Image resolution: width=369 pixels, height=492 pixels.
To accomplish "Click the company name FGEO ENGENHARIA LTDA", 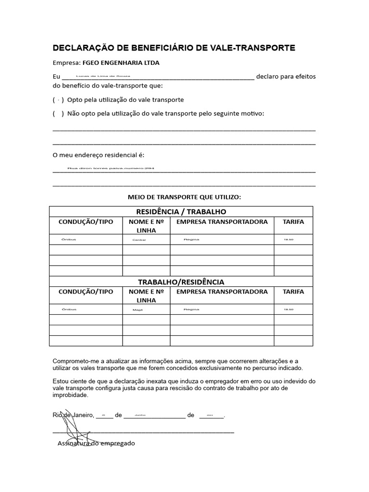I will pyautogui.click(x=121, y=62).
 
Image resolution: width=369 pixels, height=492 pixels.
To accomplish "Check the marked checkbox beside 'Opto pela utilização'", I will pyautogui.click(x=58, y=100).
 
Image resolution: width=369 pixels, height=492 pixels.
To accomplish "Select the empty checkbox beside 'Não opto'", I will pyautogui.click(x=58, y=113).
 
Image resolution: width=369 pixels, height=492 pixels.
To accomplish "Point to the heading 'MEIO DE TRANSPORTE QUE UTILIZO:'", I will pyautogui.click(x=184, y=197).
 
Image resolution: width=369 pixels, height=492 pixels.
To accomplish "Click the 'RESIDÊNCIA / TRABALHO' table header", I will pyautogui.click(x=181, y=211).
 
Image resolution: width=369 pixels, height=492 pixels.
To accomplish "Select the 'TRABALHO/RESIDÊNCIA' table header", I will pyautogui.click(x=181, y=282).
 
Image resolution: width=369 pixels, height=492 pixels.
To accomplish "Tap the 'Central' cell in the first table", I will pyautogui.click(x=139, y=239).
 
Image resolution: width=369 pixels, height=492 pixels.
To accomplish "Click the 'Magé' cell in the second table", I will pyautogui.click(x=138, y=310).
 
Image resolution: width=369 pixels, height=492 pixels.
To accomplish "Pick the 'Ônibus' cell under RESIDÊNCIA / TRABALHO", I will pyautogui.click(x=69, y=239).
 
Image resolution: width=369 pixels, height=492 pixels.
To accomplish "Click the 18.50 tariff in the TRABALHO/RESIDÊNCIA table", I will pyautogui.click(x=288, y=309).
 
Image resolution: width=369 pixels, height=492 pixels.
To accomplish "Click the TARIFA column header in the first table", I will pyautogui.click(x=293, y=222).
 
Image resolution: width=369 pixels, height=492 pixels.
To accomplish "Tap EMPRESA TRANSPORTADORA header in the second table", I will pyautogui.click(x=222, y=292).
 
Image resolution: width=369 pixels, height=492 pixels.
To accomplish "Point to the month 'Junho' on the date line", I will pyautogui.click(x=140, y=414).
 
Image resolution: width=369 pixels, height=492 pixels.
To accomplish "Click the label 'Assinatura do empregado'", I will pyautogui.click(x=96, y=443).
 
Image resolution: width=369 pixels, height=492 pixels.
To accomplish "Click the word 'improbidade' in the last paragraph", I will pyautogui.click(x=70, y=395).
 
